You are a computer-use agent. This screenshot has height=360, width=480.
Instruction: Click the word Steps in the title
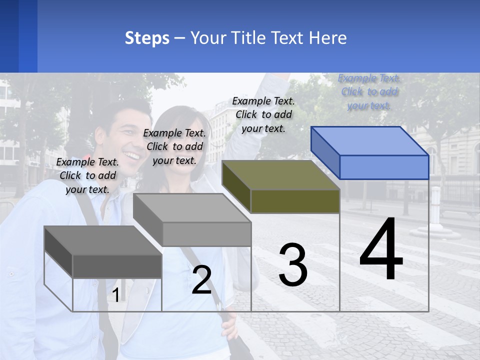tap(147, 38)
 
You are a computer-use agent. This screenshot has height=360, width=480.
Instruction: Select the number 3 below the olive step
tap(293, 265)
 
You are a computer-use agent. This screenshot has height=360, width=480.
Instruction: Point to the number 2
tap(202, 280)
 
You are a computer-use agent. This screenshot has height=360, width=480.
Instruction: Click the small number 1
tap(115, 295)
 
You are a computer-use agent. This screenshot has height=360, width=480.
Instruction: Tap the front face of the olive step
tap(295, 201)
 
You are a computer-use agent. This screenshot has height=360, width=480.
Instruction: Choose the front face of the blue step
tap(384, 167)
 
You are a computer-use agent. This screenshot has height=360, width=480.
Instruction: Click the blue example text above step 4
tap(369, 92)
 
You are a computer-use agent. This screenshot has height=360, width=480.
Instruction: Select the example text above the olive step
tap(263, 114)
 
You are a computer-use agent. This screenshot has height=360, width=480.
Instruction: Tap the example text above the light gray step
tap(174, 146)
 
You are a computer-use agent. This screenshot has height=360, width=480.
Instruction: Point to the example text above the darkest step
tap(87, 175)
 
